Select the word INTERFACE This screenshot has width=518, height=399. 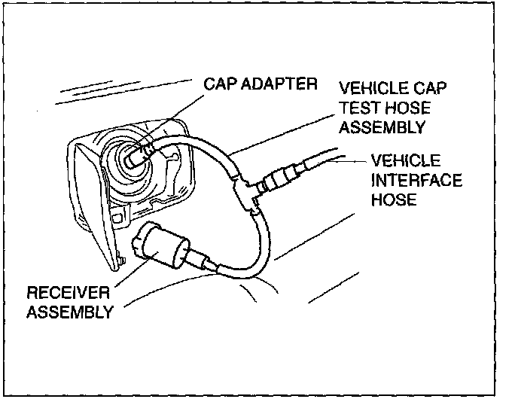coord(416,181)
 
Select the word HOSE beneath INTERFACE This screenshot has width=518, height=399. coord(392,201)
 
